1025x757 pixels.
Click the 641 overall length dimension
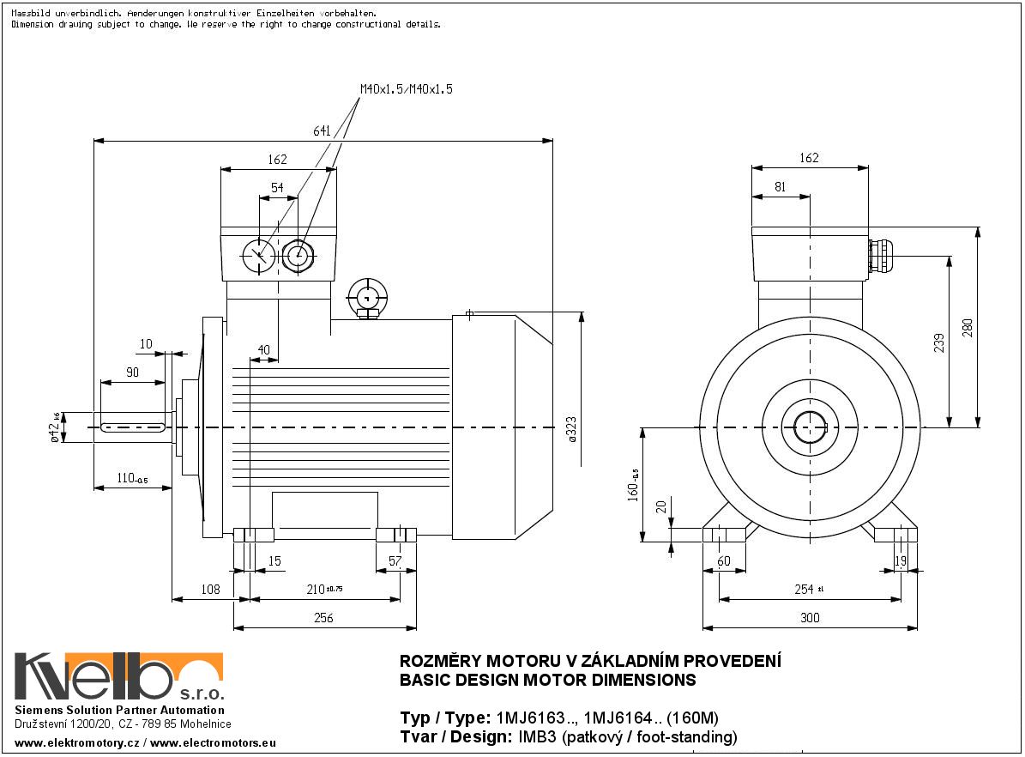tap(322, 131)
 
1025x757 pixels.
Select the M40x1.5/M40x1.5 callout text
tap(406, 89)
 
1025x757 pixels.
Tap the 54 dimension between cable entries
tap(277, 187)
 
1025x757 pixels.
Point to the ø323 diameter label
tap(572, 427)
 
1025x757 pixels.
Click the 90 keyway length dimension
tap(132, 372)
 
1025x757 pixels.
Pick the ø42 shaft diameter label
tap(54, 427)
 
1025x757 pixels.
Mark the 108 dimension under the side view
tap(210, 590)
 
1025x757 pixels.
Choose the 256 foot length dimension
tap(323, 618)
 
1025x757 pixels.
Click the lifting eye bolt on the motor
tap(369, 298)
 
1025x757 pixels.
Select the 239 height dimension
tap(939, 342)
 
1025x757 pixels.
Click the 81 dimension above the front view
tap(780, 186)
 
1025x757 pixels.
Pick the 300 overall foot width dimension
tap(809, 618)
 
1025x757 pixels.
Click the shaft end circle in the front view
tap(809, 427)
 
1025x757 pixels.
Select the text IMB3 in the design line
tap(534, 737)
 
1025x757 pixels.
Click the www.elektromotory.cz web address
tap(77, 742)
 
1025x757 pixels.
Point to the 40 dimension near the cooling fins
tap(262, 350)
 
